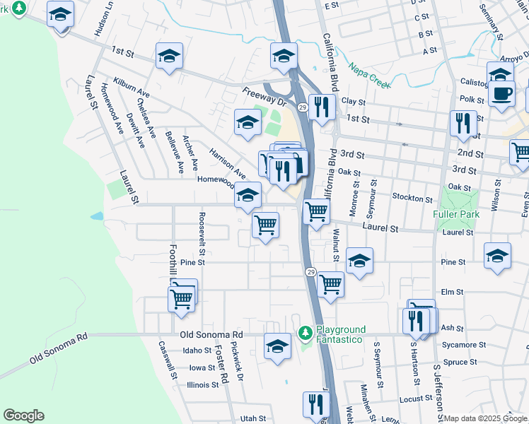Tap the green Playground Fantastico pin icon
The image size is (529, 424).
pyautogui.click(x=306, y=331)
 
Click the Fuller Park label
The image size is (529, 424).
pyautogui.click(x=457, y=214)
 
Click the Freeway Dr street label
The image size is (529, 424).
pyautogui.click(x=262, y=95)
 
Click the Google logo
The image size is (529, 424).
pyautogui.click(x=23, y=416)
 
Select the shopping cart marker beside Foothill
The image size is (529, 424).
pyautogui.click(x=182, y=298)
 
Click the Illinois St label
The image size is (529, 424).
pyautogui.click(x=202, y=385)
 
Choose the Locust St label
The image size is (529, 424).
pyautogui.click(x=415, y=399)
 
